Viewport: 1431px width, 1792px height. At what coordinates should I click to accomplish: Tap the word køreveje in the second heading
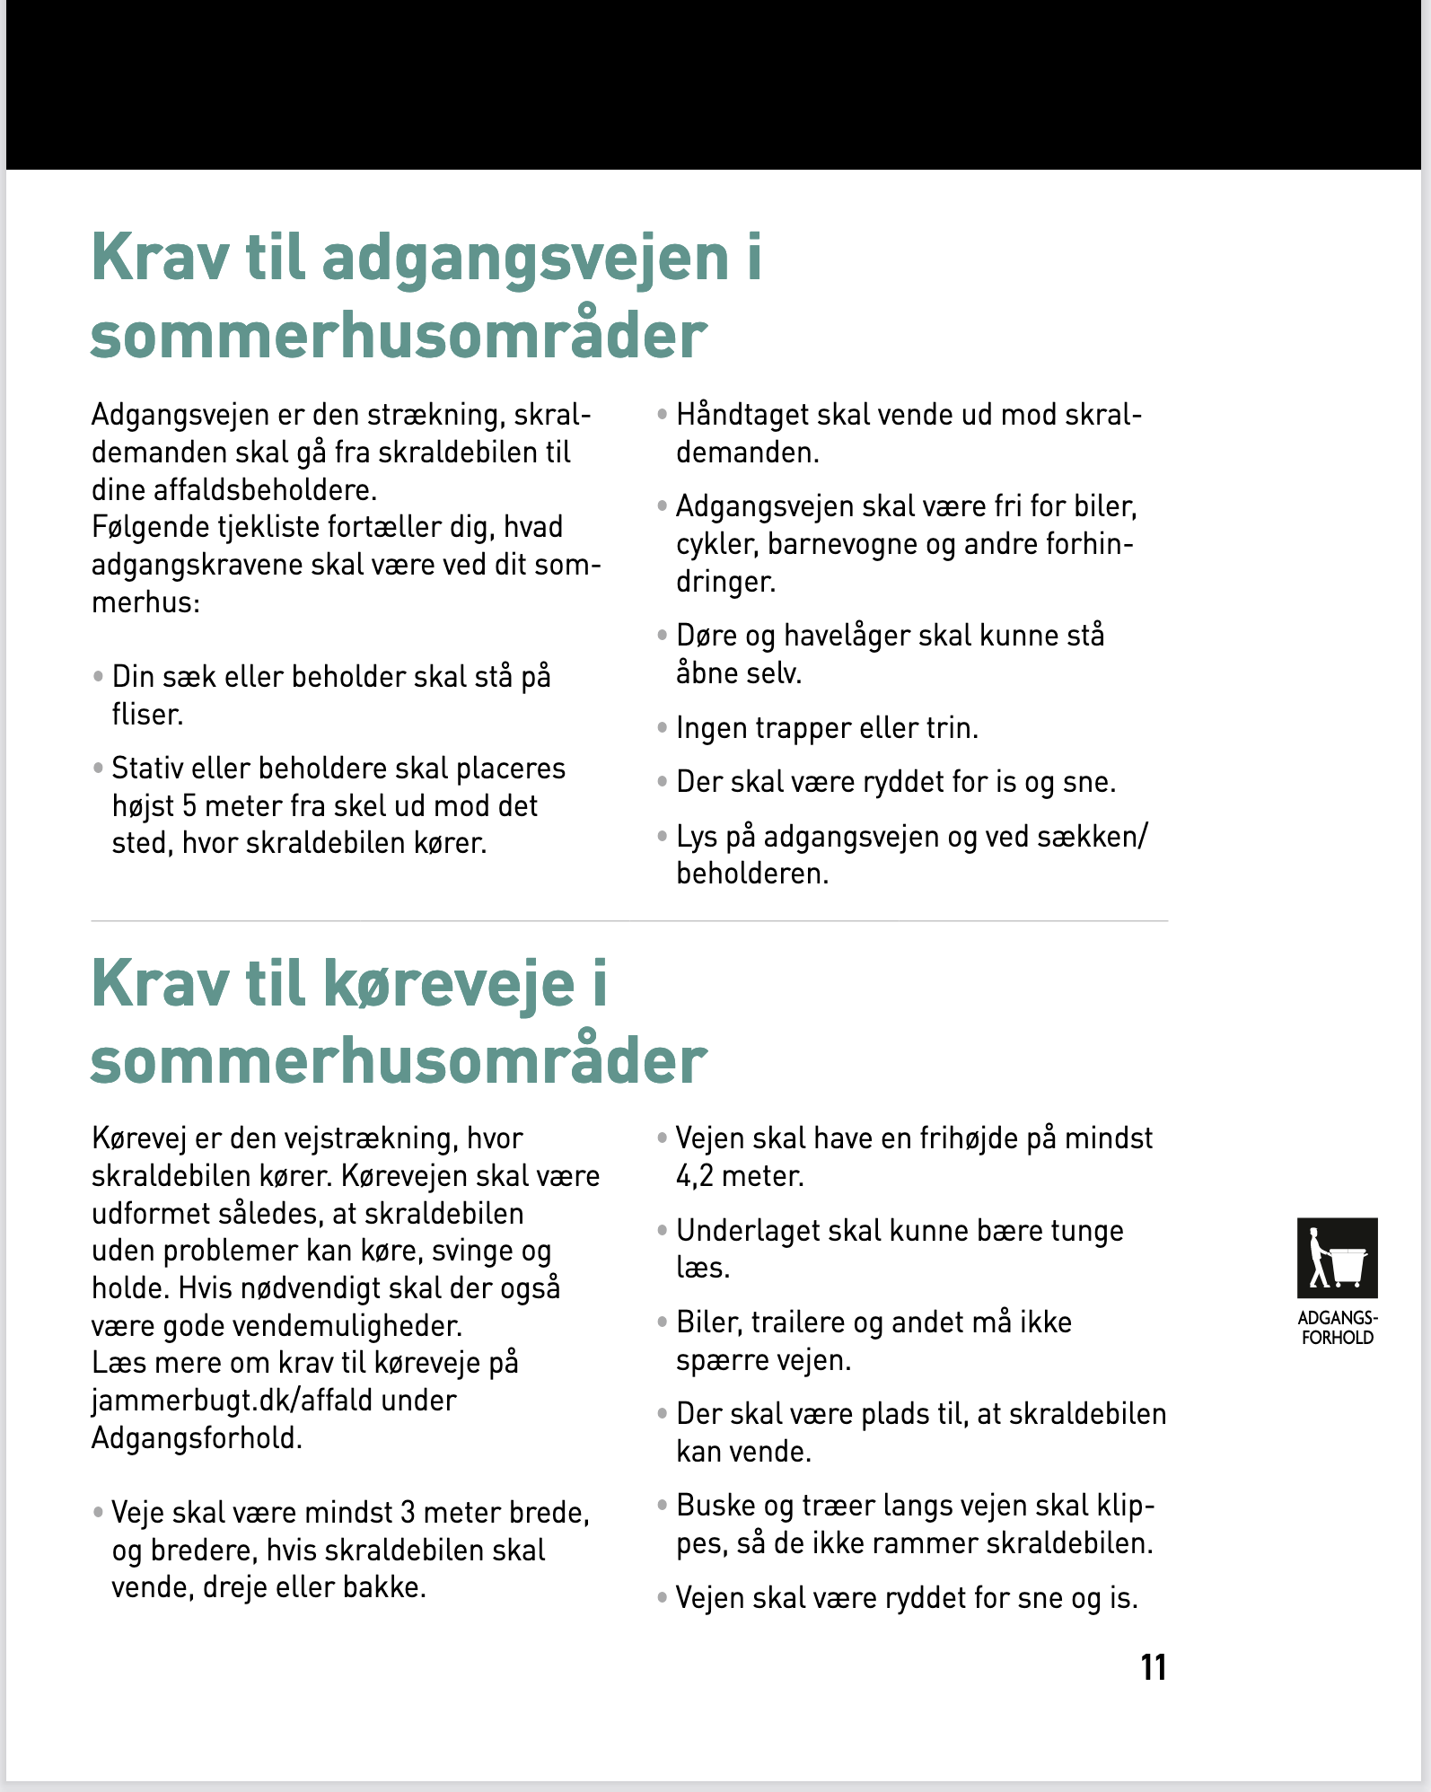[449, 985]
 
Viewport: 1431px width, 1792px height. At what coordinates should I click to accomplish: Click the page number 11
[1153, 1667]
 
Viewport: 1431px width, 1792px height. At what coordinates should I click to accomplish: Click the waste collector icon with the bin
[1337, 1258]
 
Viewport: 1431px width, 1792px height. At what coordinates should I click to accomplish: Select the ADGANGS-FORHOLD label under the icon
[1337, 1328]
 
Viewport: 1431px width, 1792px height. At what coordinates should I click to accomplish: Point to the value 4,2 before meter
[697, 1176]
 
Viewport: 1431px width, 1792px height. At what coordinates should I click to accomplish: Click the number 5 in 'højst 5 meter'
[189, 806]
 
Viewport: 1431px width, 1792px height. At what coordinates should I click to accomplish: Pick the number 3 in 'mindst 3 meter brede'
[408, 1513]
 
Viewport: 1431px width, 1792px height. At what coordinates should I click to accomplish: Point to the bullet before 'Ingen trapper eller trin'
[663, 727]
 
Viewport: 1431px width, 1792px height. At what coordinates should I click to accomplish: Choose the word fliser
[147, 715]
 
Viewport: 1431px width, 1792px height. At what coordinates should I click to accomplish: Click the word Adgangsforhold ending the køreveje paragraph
[197, 1438]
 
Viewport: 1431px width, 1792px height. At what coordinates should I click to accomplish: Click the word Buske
[715, 1506]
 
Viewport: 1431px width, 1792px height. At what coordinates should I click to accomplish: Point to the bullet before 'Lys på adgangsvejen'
[663, 837]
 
